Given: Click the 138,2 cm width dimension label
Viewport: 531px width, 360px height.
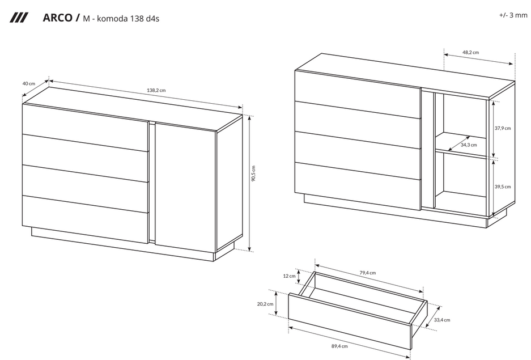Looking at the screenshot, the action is pyautogui.click(x=156, y=90).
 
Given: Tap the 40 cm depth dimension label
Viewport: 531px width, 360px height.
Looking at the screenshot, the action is pyautogui.click(x=29, y=84).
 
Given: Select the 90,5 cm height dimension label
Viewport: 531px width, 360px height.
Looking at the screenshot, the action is pyautogui.click(x=254, y=173).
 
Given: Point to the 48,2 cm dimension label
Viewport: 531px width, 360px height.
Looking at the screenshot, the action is pyautogui.click(x=471, y=53).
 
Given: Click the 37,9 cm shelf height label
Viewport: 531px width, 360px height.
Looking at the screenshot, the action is pyautogui.click(x=503, y=128).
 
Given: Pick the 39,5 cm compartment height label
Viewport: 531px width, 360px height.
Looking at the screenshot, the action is pyautogui.click(x=503, y=187).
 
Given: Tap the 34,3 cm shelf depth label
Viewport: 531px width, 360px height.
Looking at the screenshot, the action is pyautogui.click(x=469, y=145).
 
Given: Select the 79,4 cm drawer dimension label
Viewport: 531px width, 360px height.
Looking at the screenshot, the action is pyautogui.click(x=367, y=273).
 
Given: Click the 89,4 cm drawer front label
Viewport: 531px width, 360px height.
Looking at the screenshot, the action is pyautogui.click(x=339, y=346).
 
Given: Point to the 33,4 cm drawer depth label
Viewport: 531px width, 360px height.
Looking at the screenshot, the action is pyautogui.click(x=442, y=320).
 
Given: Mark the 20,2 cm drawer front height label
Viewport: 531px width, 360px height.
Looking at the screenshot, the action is pyautogui.click(x=265, y=304).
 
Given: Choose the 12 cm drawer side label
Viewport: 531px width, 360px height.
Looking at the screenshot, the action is pyautogui.click(x=289, y=276).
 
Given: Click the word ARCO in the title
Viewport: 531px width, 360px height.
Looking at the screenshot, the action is pyautogui.click(x=58, y=18).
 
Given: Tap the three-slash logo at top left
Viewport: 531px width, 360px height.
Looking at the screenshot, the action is pyautogui.click(x=19, y=18).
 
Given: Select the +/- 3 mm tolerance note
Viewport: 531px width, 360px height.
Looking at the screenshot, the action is pyautogui.click(x=513, y=15).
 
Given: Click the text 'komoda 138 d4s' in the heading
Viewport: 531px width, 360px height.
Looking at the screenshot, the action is pyautogui.click(x=128, y=18).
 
